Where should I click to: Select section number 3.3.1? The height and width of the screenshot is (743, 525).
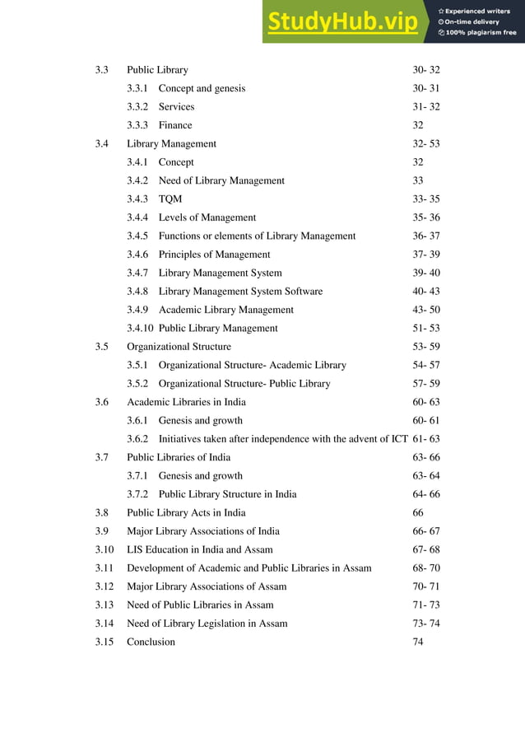coord(138,88)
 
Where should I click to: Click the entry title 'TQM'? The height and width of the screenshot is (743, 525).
coord(170,199)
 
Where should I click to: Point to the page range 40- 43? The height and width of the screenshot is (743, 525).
coord(426,292)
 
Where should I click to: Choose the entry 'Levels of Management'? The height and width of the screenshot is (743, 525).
coord(207,217)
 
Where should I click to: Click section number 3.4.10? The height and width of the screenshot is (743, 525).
coord(141,328)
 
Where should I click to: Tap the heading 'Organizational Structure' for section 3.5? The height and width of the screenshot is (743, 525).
coord(179,347)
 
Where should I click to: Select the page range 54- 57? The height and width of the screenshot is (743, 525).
coord(426,365)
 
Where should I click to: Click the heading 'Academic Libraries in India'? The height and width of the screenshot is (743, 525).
coord(186,402)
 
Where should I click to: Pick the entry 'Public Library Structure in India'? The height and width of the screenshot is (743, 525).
coord(227,494)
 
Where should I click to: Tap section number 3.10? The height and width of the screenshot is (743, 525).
coord(104,549)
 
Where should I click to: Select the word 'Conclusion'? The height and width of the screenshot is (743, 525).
coord(151,642)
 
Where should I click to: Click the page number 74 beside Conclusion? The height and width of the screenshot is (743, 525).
coord(418,642)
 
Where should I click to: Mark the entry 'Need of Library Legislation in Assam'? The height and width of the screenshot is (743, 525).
coord(207,624)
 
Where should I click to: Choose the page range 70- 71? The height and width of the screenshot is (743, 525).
coord(426,586)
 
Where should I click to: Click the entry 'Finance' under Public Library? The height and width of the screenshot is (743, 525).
coord(175,125)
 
